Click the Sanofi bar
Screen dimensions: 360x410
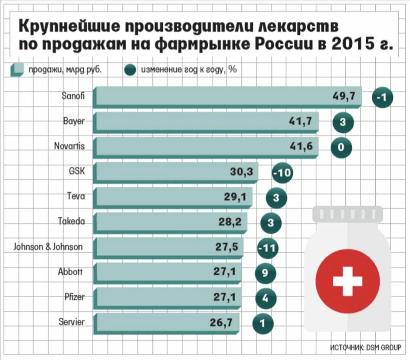pyautogui.click(x=226, y=97)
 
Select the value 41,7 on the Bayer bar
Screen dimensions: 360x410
pyautogui.click(x=301, y=122)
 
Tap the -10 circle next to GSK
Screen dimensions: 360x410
pyautogui.click(x=282, y=173)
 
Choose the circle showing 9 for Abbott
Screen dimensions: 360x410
pyautogui.click(x=266, y=273)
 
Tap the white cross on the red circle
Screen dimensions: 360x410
pyautogui.click(x=347, y=281)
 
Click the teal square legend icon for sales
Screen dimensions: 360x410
pyautogui.click(x=17, y=70)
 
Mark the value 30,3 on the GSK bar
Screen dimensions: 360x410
pyautogui.click(x=241, y=172)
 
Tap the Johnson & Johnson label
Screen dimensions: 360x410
pyautogui.click(x=48, y=247)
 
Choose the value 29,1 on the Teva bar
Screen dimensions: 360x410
pyautogui.click(x=235, y=197)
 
